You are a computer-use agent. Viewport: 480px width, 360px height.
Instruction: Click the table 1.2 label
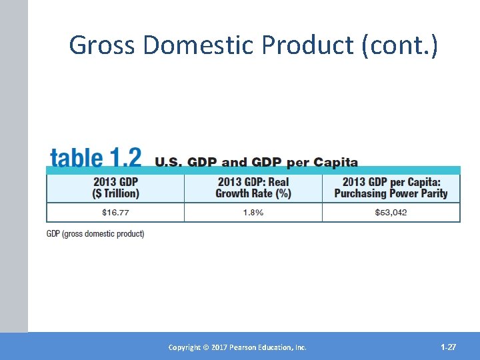[x=95, y=159]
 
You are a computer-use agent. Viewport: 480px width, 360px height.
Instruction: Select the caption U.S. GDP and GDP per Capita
[x=257, y=162]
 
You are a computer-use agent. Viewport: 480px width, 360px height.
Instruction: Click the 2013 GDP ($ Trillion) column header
[x=115, y=187]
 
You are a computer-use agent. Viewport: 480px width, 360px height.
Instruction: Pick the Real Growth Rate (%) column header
[x=253, y=187]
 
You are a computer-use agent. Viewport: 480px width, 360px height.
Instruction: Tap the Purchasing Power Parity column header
[x=391, y=187]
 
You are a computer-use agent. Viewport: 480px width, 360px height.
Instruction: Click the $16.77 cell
[x=115, y=212]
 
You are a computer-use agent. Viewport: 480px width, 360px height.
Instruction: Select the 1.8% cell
[x=253, y=212]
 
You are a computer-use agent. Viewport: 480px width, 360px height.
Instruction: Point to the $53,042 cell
[x=391, y=212]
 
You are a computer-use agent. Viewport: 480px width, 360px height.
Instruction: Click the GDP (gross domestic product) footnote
[x=95, y=234]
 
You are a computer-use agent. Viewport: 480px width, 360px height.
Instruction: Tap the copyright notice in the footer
[x=237, y=347]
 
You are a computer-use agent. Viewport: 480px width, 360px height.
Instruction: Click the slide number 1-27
[x=448, y=347]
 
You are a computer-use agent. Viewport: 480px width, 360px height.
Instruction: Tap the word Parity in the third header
[x=433, y=193]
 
